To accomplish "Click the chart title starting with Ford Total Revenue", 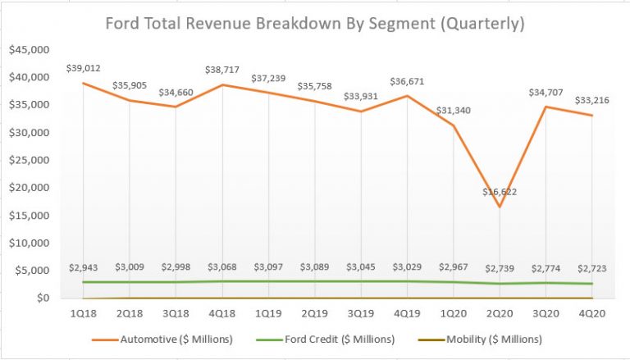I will tap(315, 24).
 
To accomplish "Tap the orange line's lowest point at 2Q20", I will tap(500, 206).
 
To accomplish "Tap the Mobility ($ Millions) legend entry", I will tap(493, 339).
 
